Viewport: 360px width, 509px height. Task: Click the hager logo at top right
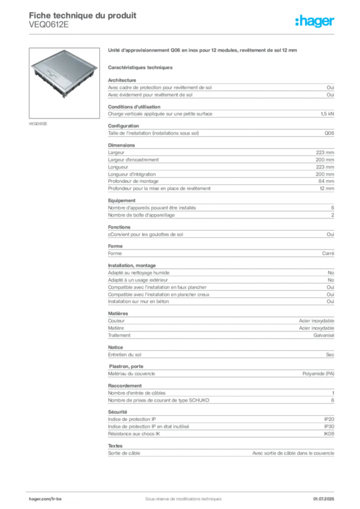click(315, 21)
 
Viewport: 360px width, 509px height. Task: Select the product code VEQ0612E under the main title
click(49, 25)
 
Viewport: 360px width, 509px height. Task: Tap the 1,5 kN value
click(327, 114)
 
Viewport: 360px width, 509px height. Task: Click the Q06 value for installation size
click(329, 133)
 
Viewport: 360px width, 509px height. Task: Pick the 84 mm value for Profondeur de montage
click(326, 181)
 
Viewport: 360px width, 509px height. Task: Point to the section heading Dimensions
click(121, 145)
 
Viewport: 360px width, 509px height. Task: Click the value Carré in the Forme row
click(328, 253)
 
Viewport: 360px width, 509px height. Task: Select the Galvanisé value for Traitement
click(324, 336)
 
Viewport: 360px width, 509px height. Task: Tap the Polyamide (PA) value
click(318, 374)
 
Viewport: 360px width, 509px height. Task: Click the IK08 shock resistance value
click(329, 433)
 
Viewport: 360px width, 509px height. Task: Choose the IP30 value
click(329, 426)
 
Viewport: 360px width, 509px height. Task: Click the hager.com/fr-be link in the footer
click(45, 499)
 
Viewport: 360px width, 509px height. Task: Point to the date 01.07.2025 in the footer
click(324, 499)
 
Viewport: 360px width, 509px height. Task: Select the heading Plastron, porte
click(126, 366)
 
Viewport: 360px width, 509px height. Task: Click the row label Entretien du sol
click(125, 354)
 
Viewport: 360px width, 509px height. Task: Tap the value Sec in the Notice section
click(330, 354)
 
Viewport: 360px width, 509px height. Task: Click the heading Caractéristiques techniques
click(140, 68)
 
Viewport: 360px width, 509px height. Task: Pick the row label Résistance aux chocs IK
click(134, 433)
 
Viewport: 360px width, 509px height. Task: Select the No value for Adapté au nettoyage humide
click(331, 273)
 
